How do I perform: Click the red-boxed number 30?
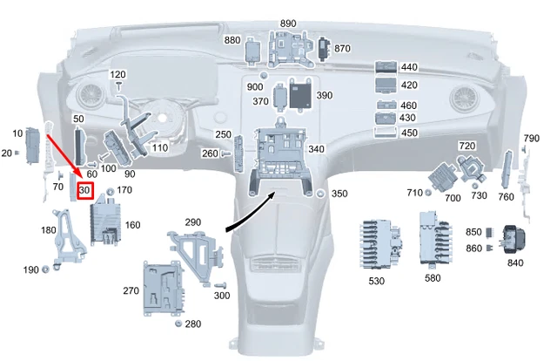84,190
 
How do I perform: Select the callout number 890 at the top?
288,24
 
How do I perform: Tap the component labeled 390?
302,94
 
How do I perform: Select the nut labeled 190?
44,270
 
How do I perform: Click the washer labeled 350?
320,193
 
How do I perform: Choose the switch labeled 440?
386,67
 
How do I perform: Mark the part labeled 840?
513,238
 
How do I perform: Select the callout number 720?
467,146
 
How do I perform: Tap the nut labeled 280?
178,324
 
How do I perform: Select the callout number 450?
409,133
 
